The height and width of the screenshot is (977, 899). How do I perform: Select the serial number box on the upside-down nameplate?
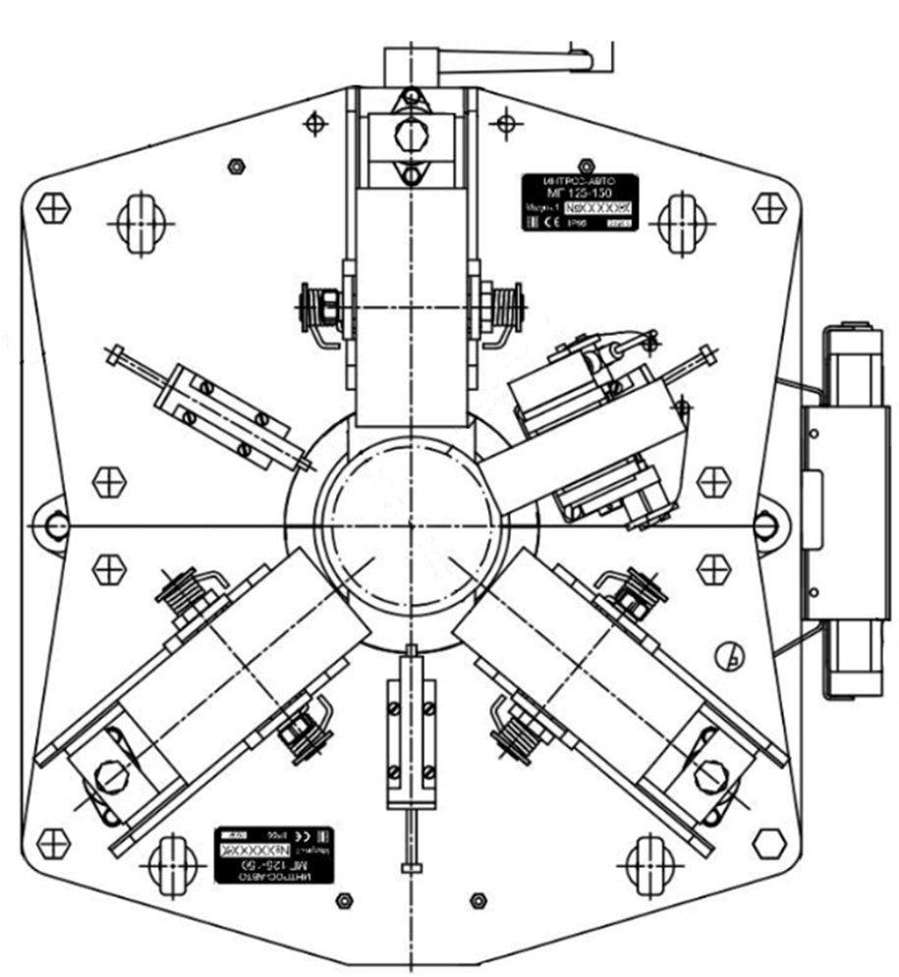click(253, 845)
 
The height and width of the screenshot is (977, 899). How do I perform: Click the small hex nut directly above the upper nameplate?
click(587, 162)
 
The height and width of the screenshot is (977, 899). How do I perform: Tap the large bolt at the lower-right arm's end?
click(705, 776)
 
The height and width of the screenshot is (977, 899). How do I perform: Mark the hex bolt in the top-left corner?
click(52, 207)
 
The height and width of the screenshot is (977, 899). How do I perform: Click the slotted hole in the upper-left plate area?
click(139, 223)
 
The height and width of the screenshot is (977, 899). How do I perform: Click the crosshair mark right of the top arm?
click(504, 123)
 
